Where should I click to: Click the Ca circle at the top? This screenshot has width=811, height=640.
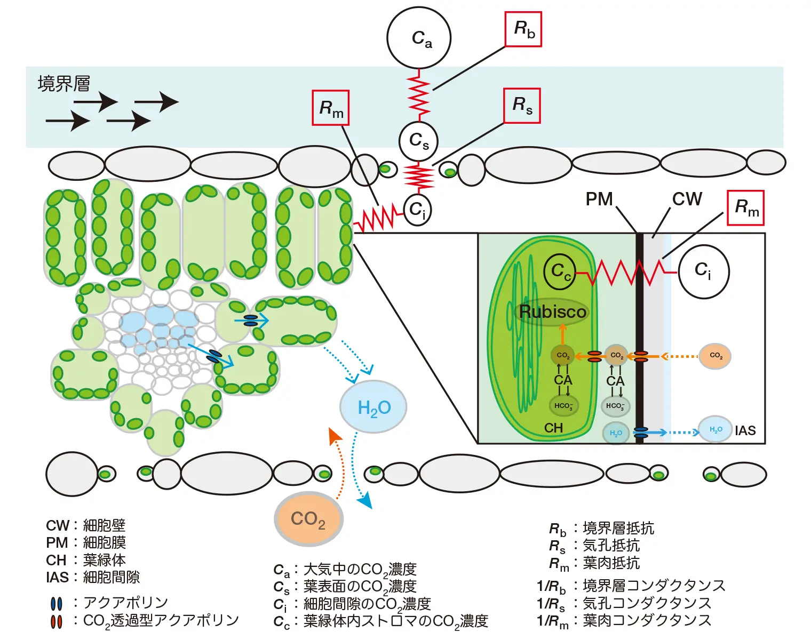point(419,38)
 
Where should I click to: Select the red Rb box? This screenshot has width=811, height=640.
point(523,29)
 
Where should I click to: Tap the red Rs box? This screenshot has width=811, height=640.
point(522,106)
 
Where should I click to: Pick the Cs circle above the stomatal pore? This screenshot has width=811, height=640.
point(419,141)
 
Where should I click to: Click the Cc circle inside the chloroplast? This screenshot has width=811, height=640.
point(560,271)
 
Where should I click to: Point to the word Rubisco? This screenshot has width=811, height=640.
point(553,311)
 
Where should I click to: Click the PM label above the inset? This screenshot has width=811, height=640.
point(599,199)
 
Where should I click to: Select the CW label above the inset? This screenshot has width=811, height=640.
point(687,199)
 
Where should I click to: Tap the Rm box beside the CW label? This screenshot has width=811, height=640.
point(746,207)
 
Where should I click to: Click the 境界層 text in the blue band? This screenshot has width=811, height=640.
point(64,84)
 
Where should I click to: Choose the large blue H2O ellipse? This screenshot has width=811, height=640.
point(373,407)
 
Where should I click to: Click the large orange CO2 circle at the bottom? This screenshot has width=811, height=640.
point(308,518)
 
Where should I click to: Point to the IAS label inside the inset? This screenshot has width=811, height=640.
point(745,431)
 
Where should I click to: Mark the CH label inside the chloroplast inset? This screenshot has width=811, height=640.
point(553,428)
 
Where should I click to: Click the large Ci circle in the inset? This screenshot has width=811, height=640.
point(703,271)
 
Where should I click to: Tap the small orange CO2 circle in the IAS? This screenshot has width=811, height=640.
point(715,356)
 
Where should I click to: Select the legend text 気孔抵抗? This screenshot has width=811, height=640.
point(611,546)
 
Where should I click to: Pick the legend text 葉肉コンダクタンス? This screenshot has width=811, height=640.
point(647,621)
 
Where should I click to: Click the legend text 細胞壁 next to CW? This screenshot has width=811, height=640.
point(105,525)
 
